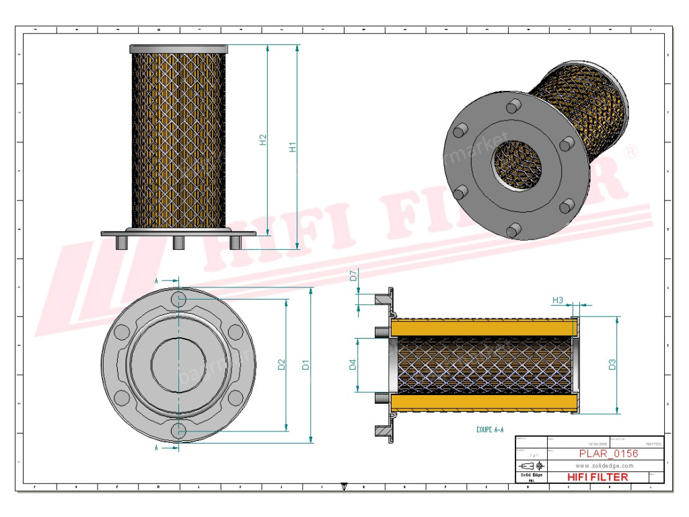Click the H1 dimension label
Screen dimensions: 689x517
pyautogui.click(x=293, y=147)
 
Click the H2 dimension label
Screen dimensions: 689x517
pyautogui.click(x=263, y=139)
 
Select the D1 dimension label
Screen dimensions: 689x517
pyautogui.click(x=305, y=366)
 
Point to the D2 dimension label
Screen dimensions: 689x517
pyautogui.click(x=282, y=364)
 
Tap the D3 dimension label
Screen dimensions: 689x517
pyautogui.click(x=612, y=365)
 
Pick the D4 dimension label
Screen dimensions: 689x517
pyautogui.click(x=352, y=366)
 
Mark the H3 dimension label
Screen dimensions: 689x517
pyautogui.click(x=558, y=300)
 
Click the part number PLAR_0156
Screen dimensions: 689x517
pyautogui.click(x=608, y=454)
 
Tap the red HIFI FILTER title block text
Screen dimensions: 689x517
pyautogui.click(x=597, y=477)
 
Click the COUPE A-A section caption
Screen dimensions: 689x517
pyautogui.click(x=490, y=429)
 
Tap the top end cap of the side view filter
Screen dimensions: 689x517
pyautogui.click(x=178, y=48)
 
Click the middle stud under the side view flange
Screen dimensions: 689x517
pyautogui.click(x=178, y=242)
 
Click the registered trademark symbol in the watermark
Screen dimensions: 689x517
pyautogui.click(x=630, y=153)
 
